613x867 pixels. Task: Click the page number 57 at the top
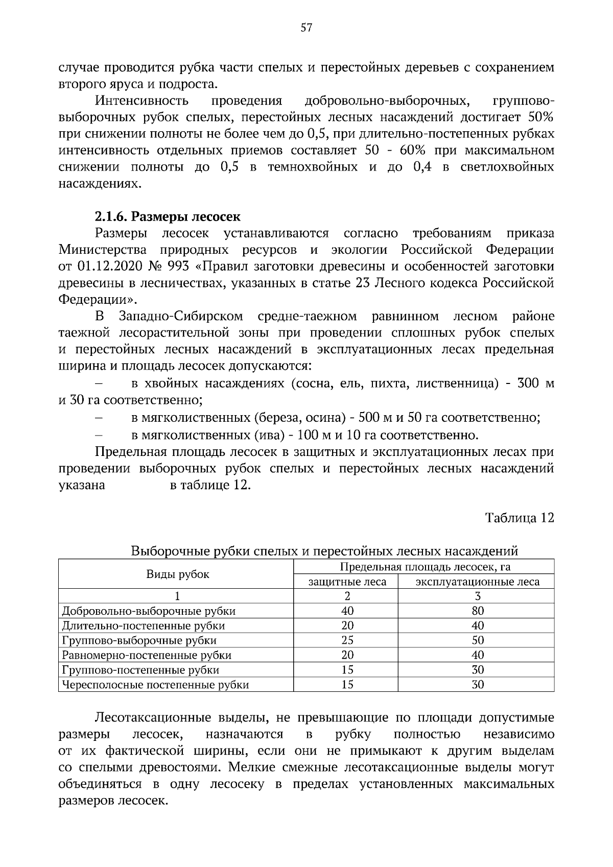tap(306, 28)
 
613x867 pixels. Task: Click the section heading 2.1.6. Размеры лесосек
tap(168, 216)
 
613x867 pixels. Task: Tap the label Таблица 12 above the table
tap(520, 518)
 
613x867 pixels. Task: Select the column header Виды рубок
tap(178, 574)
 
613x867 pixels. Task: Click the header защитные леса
tap(347, 582)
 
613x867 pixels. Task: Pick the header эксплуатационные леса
tap(477, 582)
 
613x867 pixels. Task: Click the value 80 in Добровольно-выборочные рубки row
tap(478, 611)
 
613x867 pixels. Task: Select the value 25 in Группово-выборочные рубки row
tap(347, 640)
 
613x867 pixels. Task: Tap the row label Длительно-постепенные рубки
tap(143, 625)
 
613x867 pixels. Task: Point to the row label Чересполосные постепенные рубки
tap(155, 685)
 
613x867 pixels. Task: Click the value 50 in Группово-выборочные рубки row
tap(478, 640)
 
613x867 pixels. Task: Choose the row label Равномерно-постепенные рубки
tap(147, 655)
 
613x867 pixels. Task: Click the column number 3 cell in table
tap(478, 596)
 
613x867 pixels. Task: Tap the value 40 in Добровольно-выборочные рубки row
tap(347, 611)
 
